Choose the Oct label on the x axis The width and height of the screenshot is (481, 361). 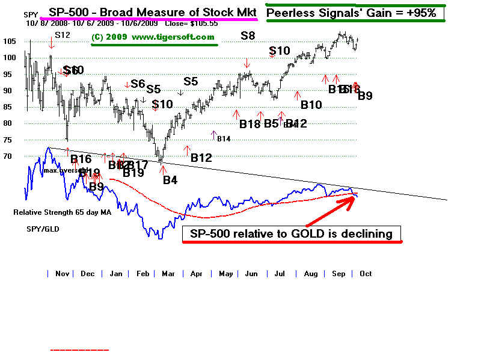[366, 274]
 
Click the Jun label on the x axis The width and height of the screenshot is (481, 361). [251, 274]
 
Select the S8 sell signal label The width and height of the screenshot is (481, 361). [247, 36]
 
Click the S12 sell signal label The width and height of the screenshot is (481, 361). [63, 35]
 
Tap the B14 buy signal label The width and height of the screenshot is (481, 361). [224, 139]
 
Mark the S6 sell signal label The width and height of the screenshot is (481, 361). [138, 84]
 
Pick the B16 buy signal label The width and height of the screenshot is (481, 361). [81, 159]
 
